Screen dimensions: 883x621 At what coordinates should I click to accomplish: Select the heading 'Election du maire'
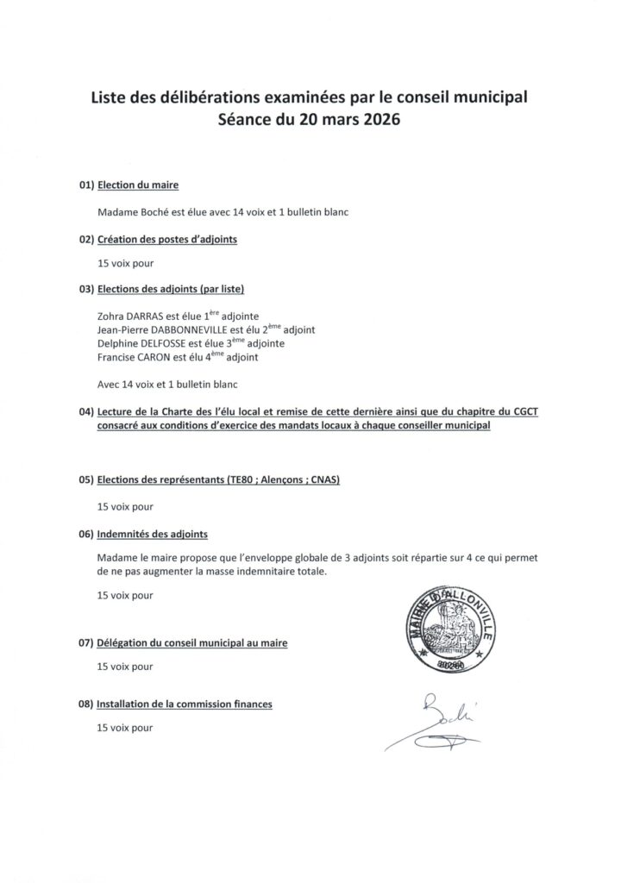pyautogui.click(x=138, y=185)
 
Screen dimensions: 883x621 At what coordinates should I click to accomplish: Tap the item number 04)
pyautogui.click(x=85, y=412)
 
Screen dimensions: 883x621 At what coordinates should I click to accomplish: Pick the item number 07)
pyautogui.click(x=85, y=643)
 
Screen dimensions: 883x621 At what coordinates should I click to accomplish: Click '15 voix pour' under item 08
pyautogui.click(x=126, y=728)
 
